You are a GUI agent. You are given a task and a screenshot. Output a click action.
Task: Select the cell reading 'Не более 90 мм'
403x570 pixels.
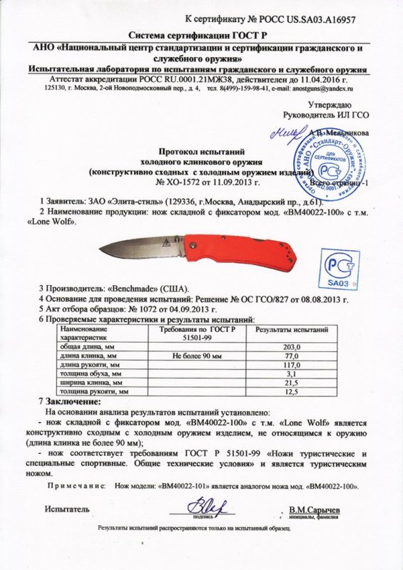click(x=203, y=354)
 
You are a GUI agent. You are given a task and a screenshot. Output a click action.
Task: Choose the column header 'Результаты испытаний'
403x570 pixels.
click(x=292, y=331)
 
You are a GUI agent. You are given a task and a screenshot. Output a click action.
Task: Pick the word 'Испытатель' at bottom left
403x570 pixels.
click(x=67, y=510)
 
